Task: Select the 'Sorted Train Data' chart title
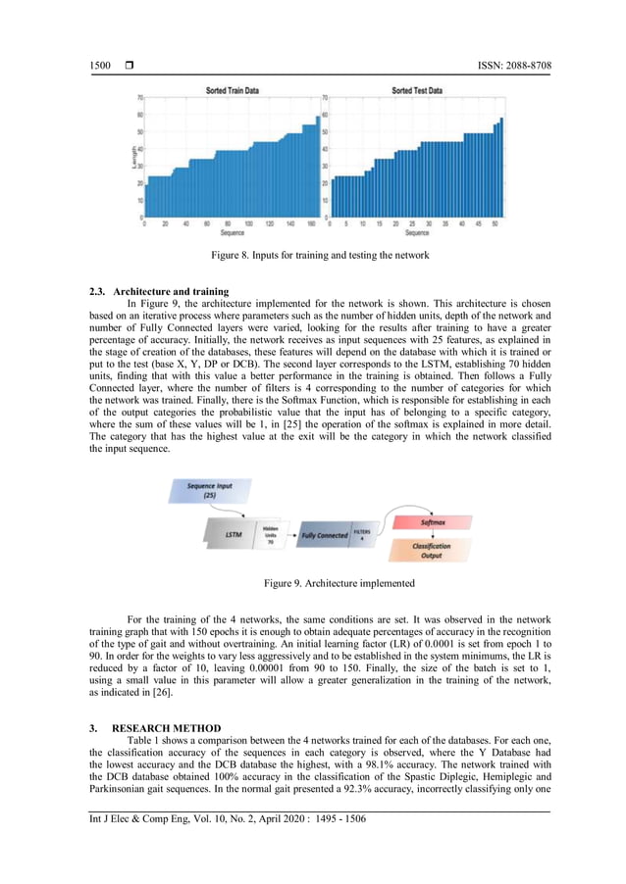(233, 90)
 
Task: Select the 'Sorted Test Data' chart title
(416, 90)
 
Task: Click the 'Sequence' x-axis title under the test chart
(416, 233)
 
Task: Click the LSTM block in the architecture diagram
(233, 534)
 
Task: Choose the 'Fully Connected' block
(325, 535)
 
